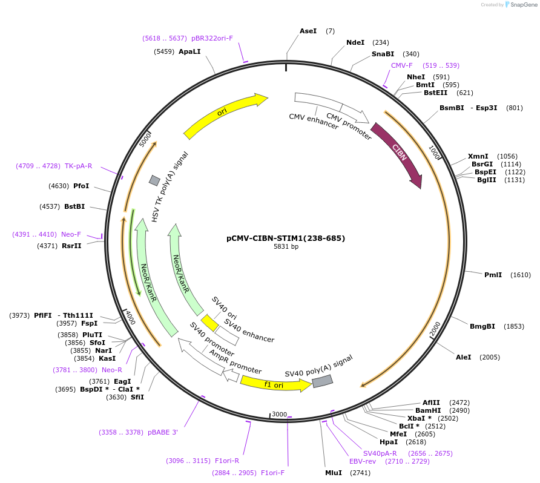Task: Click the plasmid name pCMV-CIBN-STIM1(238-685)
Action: click(x=286, y=238)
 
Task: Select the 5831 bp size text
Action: click(x=286, y=246)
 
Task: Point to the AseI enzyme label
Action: click(x=308, y=31)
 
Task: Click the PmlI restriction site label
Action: click(x=493, y=275)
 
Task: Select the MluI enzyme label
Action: click(x=334, y=473)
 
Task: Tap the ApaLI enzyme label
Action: click(x=189, y=51)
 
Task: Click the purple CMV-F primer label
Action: click(x=401, y=65)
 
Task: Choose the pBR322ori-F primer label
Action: click(x=212, y=38)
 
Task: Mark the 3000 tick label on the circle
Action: click(x=279, y=414)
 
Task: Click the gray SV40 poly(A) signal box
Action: click(x=322, y=381)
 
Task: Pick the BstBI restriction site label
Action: click(x=74, y=206)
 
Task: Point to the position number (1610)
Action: click(x=521, y=275)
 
